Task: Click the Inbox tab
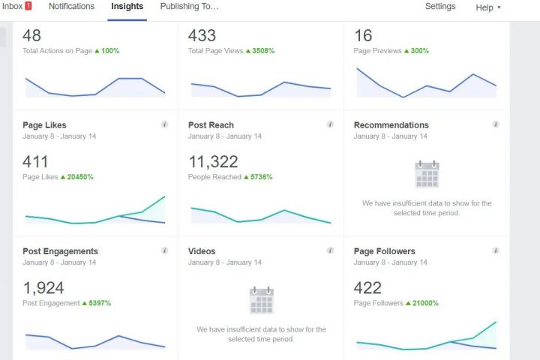coord(12,7)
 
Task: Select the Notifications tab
coord(71,7)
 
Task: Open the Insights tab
coord(127,7)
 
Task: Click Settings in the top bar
coord(440,7)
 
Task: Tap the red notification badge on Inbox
coord(28,6)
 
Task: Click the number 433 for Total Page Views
coord(202,35)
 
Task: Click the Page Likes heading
coord(44,125)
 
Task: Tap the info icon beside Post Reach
coord(330,124)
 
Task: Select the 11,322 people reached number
coord(213,161)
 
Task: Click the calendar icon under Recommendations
coord(427,174)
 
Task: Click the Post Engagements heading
coord(60,251)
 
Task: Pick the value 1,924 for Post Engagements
coord(43,287)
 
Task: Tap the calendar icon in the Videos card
coord(261,300)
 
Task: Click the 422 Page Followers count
coord(367,287)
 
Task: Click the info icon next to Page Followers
coord(496,250)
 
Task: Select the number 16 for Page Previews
coord(363,35)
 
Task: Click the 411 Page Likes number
coord(35,161)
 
